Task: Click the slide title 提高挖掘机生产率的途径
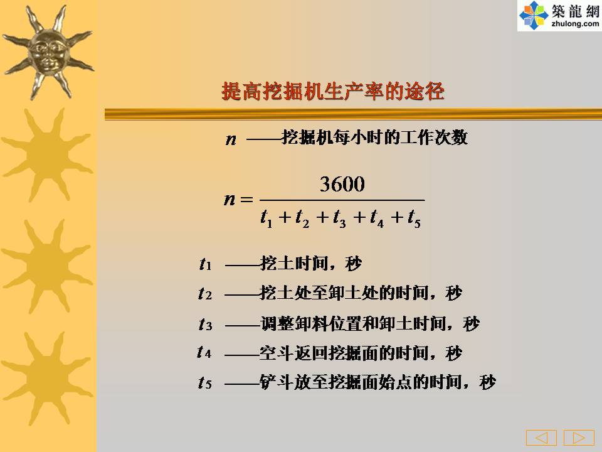(333, 92)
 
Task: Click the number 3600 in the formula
(342, 184)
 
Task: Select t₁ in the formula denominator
(267, 218)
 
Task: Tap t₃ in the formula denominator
(339, 218)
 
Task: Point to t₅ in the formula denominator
(415, 218)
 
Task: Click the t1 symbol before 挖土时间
(206, 264)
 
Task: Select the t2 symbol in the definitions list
(205, 294)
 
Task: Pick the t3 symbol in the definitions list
(206, 325)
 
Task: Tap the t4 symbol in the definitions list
(204, 352)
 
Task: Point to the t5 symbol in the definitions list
(205, 382)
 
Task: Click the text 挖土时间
(293, 264)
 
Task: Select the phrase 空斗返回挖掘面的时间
(344, 353)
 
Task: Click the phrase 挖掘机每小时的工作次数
(375, 137)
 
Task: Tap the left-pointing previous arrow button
(541, 438)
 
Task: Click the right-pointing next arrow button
(579, 438)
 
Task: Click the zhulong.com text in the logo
(575, 24)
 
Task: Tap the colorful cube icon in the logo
(534, 15)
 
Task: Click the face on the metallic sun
(48, 52)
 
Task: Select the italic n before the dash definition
(231, 139)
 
